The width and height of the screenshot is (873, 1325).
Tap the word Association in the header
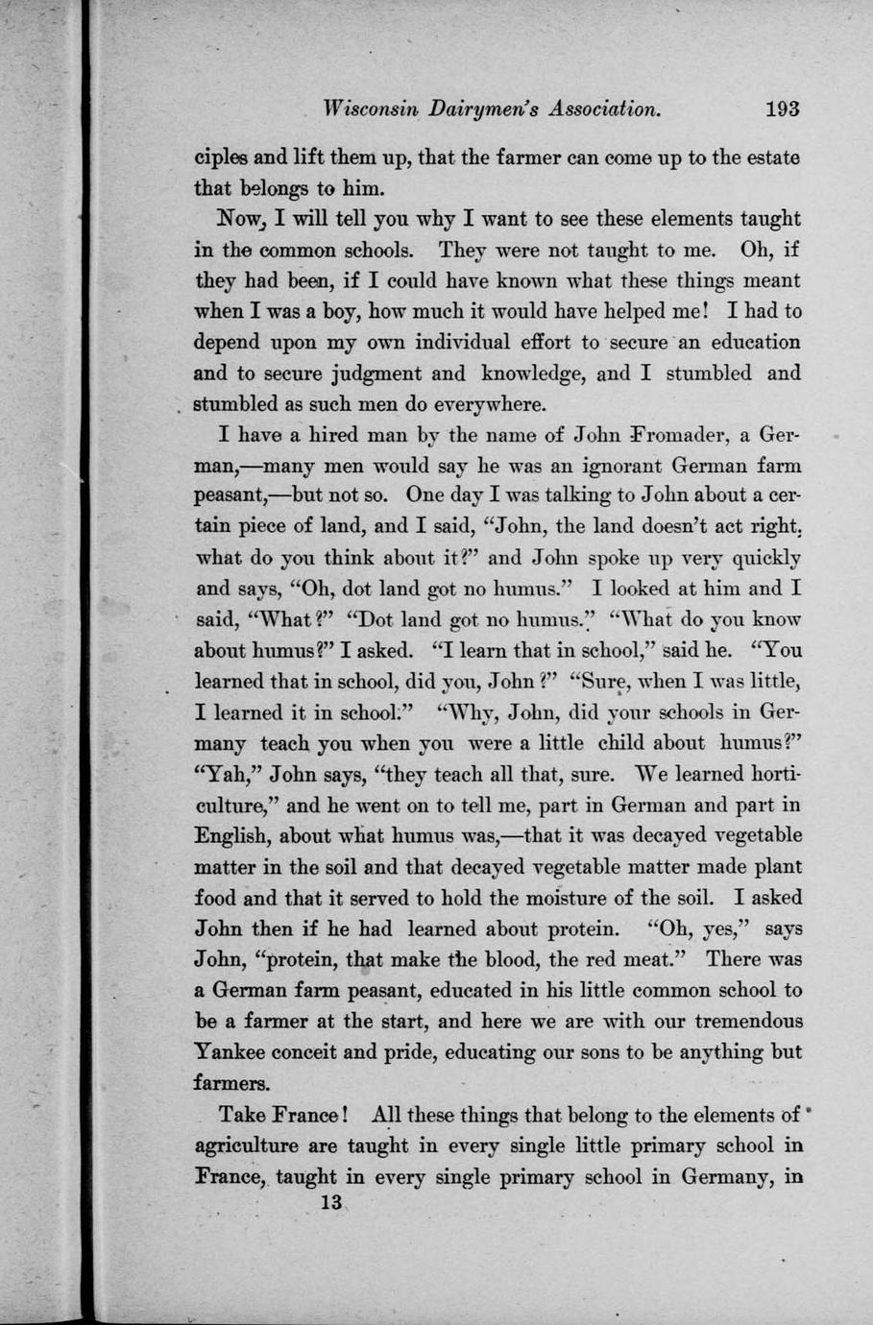pyautogui.click(x=605, y=108)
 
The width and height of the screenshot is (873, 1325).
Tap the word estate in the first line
pyautogui.click(x=768, y=157)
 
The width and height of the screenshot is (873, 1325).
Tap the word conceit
pyautogui.click(x=328, y=1051)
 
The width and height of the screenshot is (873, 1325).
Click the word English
pyautogui.click(x=232, y=835)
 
